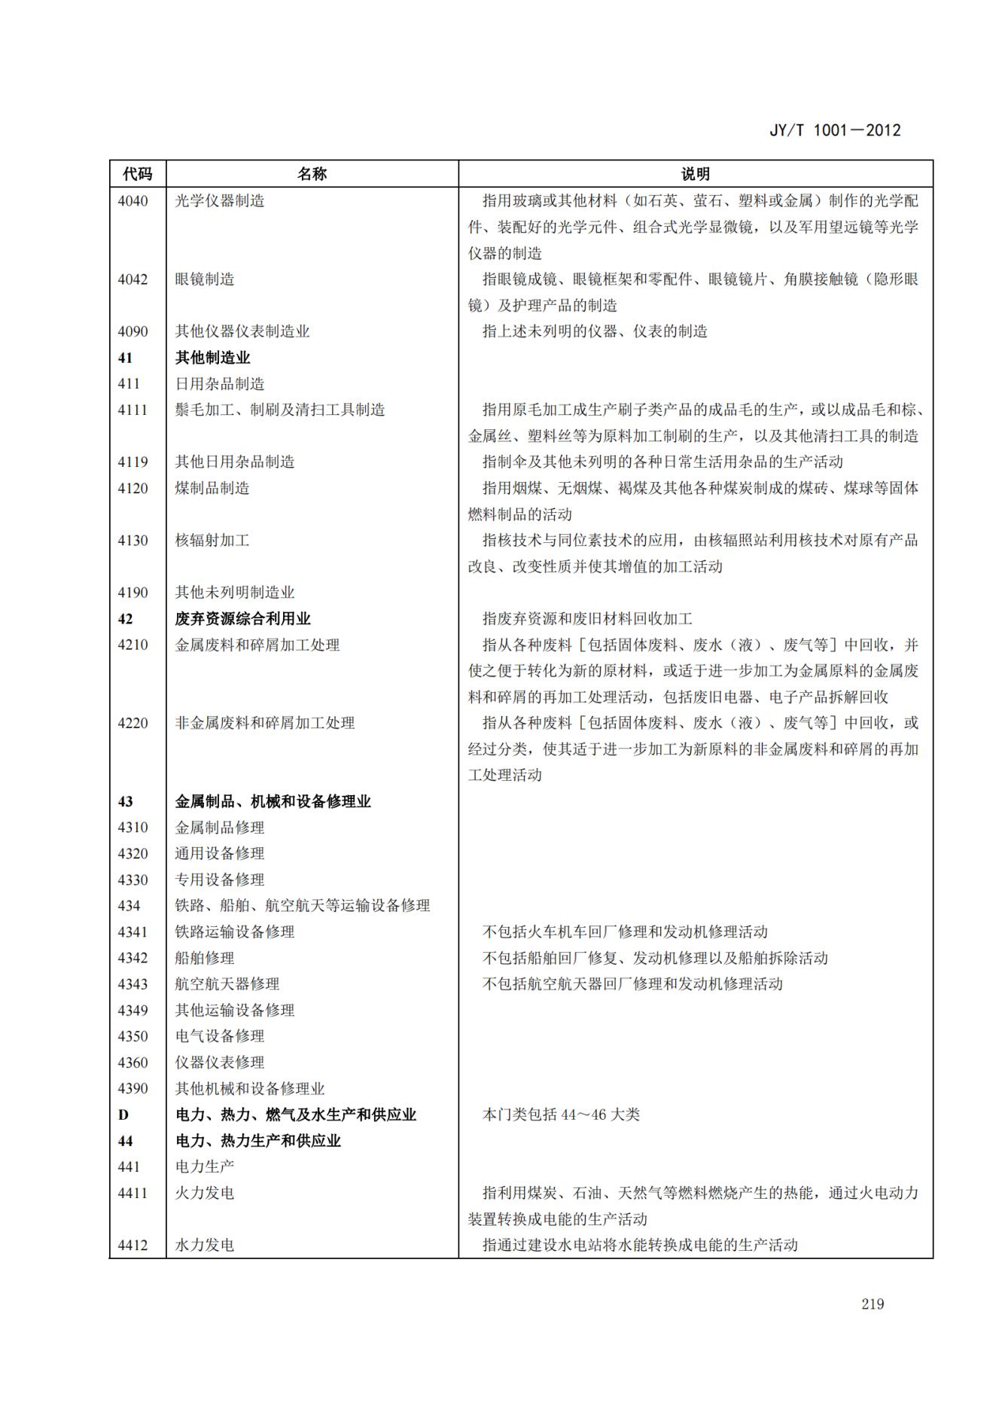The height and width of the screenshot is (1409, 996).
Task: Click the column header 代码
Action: pos(137,174)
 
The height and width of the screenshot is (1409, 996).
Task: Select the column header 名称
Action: pos(312,174)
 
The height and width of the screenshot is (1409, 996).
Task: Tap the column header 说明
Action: pos(695,174)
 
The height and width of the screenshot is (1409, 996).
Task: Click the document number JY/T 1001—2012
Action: pos(835,130)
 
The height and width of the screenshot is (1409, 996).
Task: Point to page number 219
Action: pos(873,1304)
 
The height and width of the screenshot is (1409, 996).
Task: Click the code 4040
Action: pos(132,201)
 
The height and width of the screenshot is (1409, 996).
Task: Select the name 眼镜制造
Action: pos(205,279)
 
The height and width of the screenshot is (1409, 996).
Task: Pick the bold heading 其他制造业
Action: pos(212,358)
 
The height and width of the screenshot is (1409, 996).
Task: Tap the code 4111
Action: pos(132,410)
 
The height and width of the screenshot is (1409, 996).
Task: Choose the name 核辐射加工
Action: pos(212,540)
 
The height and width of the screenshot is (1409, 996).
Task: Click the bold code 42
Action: pos(125,619)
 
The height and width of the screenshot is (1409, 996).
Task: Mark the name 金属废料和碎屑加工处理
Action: pos(257,645)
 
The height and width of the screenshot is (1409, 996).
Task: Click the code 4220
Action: pos(132,723)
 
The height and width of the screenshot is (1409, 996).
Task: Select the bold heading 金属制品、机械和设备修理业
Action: pos(273,801)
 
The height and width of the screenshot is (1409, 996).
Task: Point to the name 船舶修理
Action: pos(205,958)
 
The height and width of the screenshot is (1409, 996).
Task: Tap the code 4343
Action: pos(132,984)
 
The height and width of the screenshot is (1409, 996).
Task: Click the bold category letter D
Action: pos(123,1115)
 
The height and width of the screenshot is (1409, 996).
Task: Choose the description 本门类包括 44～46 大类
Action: pos(561,1115)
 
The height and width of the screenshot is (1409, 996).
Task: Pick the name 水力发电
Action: pos(205,1245)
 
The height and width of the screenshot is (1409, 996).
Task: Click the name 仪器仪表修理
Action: pos(220,1063)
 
